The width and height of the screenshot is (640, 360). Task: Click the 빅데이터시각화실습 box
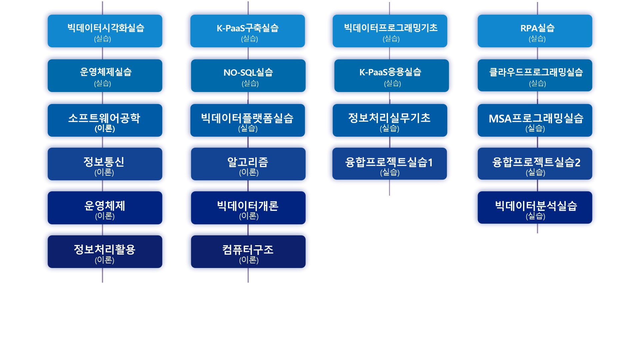[105, 31]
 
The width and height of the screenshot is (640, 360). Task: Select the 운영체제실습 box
[105, 76]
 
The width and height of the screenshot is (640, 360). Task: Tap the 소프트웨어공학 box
[105, 120]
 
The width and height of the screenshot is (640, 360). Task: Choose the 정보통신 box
[105, 164]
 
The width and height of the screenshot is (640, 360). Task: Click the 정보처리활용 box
[105, 252]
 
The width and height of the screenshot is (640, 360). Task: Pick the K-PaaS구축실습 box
[248, 31]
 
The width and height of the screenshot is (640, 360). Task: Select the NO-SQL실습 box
[248, 76]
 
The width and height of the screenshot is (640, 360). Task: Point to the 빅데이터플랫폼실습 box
[248, 120]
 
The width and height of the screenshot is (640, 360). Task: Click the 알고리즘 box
[248, 164]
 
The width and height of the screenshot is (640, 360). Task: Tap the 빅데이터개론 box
[248, 208]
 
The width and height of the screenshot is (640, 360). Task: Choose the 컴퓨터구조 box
[248, 252]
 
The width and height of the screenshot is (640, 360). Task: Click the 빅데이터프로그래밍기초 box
[390, 31]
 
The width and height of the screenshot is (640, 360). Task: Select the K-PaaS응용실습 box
[392, 76]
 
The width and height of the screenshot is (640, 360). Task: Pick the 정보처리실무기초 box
[390, 120]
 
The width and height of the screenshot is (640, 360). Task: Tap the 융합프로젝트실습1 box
[390, 164]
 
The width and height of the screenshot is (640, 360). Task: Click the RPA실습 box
[535, 31]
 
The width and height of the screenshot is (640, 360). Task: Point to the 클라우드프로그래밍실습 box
[535, 75]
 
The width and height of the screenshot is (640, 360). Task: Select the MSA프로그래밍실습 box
[535, 120]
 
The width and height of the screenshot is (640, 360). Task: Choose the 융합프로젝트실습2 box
[535, 164]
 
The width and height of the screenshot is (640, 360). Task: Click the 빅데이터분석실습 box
[535, 207]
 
